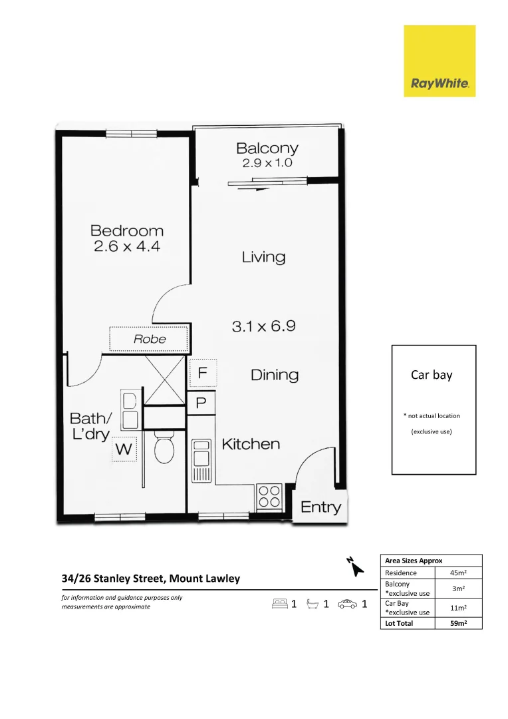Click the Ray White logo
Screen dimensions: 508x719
tap(440, 61)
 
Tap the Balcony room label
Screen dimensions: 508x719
tap(267, 148)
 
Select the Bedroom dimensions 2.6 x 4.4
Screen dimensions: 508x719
tap(127, 246)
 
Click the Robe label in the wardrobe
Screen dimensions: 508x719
tap(150, 339)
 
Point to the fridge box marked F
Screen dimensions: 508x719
tap(203, 373)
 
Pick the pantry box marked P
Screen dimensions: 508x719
tap(201, 403)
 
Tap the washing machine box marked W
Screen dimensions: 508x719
tap(124, 449)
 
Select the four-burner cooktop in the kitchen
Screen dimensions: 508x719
tap(269, 496)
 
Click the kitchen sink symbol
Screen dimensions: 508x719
tap(201, 461)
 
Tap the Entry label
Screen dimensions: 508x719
tap(320, 507)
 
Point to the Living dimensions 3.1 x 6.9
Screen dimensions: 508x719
tap(263, 326)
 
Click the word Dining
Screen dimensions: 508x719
tap(275, 375)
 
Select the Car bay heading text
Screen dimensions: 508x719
tap(432, 375)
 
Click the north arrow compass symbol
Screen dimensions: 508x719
tap(355, 567)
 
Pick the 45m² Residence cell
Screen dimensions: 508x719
tap(458, 573)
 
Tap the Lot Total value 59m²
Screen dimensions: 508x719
tap(458, 623)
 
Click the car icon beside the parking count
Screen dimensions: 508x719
tap(347, 604)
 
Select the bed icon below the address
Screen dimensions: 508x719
tap(279, 604)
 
